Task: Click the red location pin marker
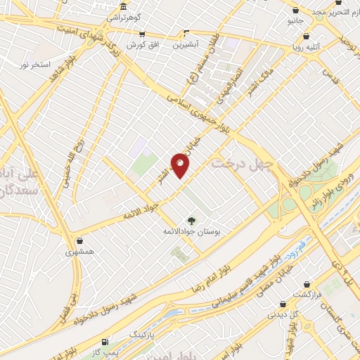tap(180, 165)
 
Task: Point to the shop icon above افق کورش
tap(142, 34)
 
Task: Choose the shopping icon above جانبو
tap(295, 11)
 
